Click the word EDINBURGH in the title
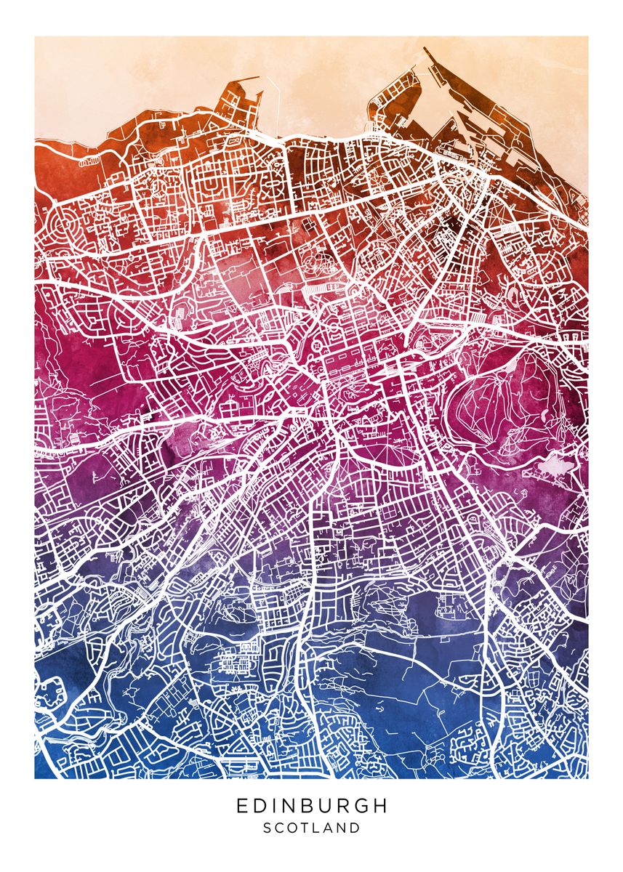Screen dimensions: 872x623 pyautogui.click(x=311, y=806)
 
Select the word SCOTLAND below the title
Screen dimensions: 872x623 pyautogui.click(x=311, y=828)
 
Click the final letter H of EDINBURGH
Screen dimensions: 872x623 pyautogui.click(x=379, y=806)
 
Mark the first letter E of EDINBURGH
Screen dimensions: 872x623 pyautogui.click(x=241, y=806)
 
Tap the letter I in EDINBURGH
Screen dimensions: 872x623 pyautogui.click(x=273, y=806)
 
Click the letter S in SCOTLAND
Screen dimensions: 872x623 pyautogui.click(x=267, y=828)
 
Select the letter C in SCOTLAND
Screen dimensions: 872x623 pyautogui.click(x=280, y=828)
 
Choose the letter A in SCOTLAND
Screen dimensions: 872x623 pyautogui.click(x=329, y=828)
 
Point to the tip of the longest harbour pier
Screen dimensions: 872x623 pyautogui.click(x=425, y=50)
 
